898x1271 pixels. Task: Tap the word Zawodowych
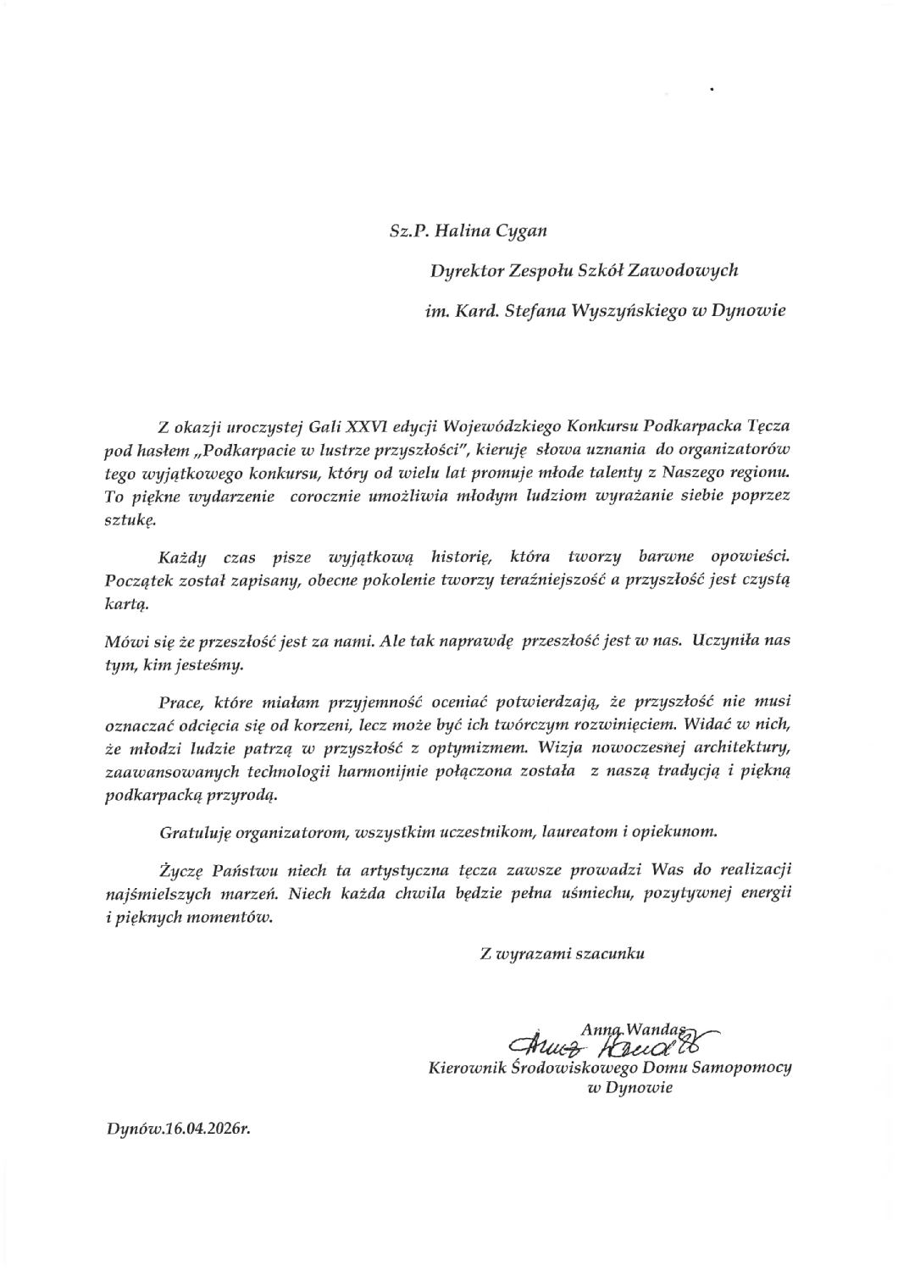coord(694,270)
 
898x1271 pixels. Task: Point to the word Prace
coord(180,702)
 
